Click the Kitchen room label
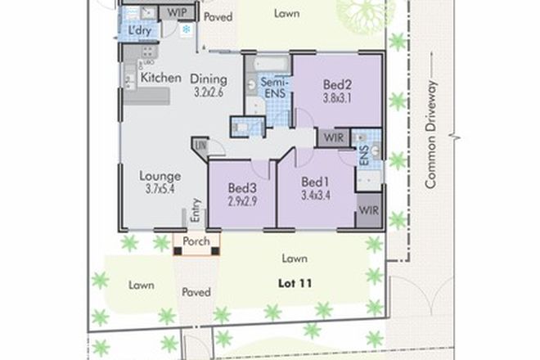click(160, 78)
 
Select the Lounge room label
click(160, 175)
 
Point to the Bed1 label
click(315, 182)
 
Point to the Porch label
click(196, 242)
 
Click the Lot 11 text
click(294, 282)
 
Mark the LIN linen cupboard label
click(200, 146)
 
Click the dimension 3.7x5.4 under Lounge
click(160, 189)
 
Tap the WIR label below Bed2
click(333, 137)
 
